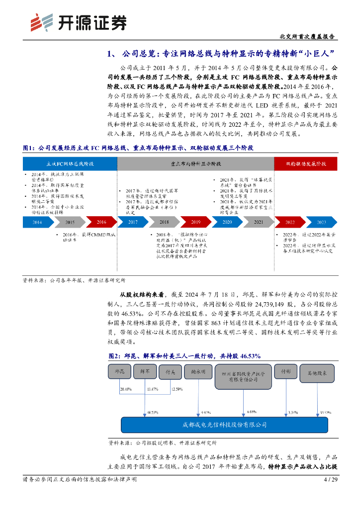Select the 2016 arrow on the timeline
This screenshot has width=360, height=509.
[x=101, y=222]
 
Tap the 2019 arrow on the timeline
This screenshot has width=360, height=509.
[x=196, y=222]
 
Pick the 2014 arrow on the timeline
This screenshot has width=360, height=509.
[x=38, y=222]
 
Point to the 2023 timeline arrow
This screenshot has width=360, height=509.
[x=321, y=222]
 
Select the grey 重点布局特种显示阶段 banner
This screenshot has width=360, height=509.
[x=195, y=163]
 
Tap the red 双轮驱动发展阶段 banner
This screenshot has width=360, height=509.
[x=306, y=163]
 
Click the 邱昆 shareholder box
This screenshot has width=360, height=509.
[x=120, y=371]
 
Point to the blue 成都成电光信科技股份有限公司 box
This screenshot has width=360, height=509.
[x=225, y=425]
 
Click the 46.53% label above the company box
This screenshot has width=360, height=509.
[x=153, y=412]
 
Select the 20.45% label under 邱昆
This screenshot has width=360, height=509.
[x=126, y=389]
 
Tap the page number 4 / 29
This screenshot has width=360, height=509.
[x=331, y=480]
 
